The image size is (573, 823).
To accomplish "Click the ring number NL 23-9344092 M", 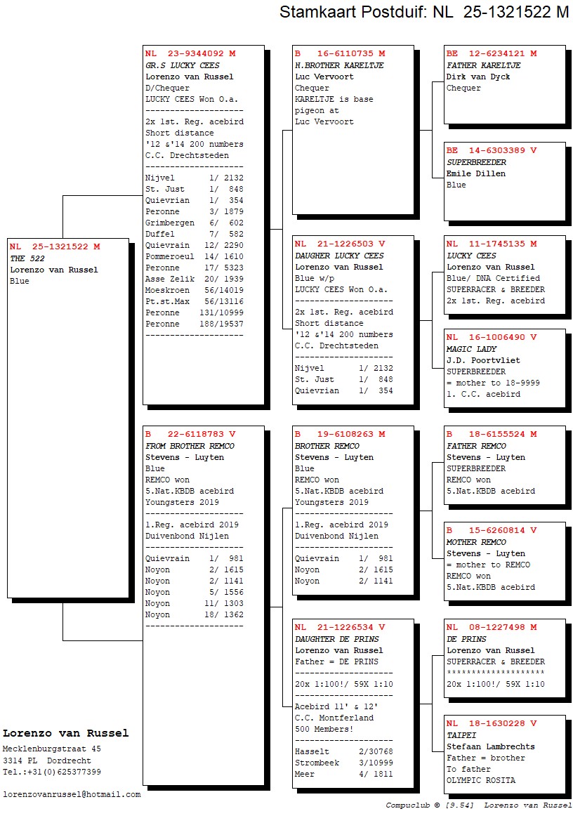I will tap(190, 53).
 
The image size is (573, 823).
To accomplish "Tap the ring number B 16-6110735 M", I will tap(340, 53).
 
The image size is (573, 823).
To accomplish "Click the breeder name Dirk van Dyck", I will tap(478, 77).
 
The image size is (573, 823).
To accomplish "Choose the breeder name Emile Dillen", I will tap(476, 173).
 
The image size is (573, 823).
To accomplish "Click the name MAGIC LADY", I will tap(471, 349).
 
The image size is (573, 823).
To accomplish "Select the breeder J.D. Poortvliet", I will tap(483, 360).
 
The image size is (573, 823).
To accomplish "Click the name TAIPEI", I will tap(461, 735).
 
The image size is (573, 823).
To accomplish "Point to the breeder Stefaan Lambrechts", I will tap(490, 746).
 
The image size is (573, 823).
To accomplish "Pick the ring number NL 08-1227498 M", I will tap(492, 627).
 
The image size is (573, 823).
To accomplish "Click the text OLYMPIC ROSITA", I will tap(480, 780).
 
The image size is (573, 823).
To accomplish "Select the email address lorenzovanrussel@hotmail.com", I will tap(72, 794).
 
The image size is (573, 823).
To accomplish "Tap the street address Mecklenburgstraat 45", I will tap(52, 749).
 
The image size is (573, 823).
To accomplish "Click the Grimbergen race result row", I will tap(194, 223).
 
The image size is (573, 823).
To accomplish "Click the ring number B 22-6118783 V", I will tap(190, 434).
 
